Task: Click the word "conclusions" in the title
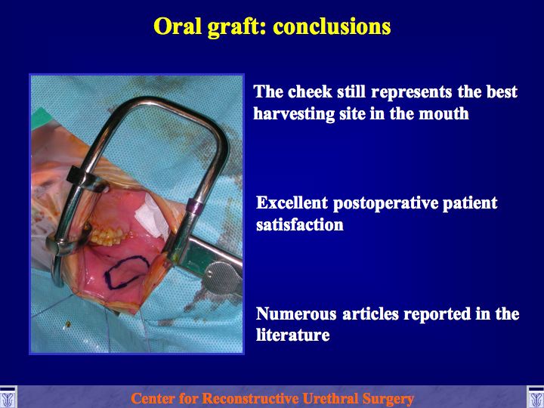pos(332,26)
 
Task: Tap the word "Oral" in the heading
pos(178,26)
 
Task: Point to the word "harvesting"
pos(294,114)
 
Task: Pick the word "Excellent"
pos(292,202)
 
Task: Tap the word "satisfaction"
pos(300,225)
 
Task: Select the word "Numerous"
pos(296,314)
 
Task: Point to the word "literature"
pos(293,335)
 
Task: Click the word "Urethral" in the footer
pos(330,398)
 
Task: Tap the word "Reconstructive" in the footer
pos(251,398)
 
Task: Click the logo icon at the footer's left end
pos(8,397)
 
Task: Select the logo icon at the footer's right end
pos(536,397)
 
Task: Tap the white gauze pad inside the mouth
pos(152,216)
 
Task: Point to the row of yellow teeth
pos(107,236)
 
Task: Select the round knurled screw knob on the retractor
pos(222,277)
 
